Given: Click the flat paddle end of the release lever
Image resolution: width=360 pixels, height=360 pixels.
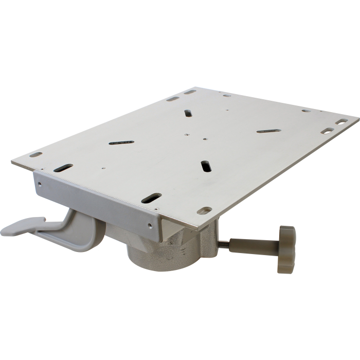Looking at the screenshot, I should [x=21, y=227].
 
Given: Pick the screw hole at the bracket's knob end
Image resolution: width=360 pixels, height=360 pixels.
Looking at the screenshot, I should [x=150, y=225].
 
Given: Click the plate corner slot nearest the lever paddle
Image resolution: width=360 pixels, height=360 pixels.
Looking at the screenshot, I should [x=35, y=154].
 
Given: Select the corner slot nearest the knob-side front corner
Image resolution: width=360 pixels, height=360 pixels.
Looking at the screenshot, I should [x=204, y=210].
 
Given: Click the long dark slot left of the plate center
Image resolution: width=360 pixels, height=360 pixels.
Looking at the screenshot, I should [x=121, y=141].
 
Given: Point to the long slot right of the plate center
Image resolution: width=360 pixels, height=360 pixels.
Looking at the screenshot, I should [x=268, y=131].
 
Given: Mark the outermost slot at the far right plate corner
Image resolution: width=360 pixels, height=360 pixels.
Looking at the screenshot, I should [x=342, y=121].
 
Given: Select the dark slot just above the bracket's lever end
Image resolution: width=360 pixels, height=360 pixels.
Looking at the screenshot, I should [x=63, y=168].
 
